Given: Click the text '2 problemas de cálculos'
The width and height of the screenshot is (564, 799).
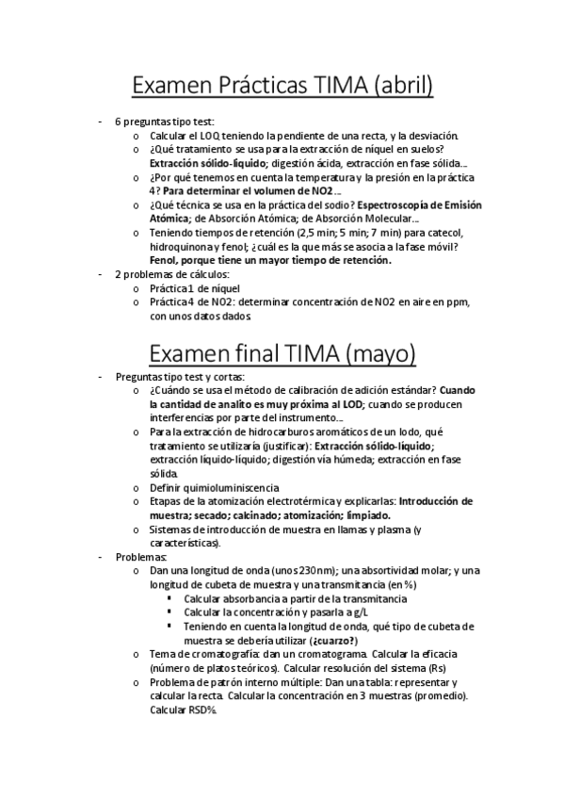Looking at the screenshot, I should click(165, 273).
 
